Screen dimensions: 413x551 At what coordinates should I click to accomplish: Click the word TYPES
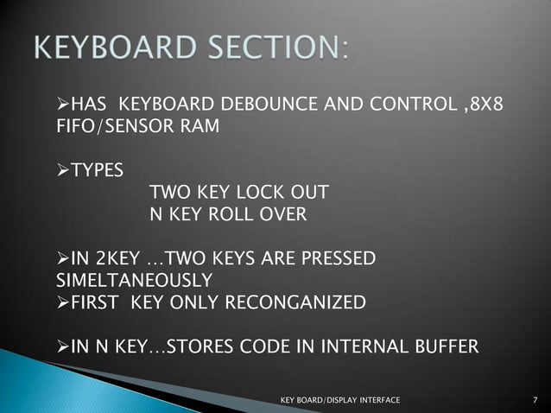tap(97, 170)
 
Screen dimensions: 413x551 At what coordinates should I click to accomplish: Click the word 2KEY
tap(119, 258)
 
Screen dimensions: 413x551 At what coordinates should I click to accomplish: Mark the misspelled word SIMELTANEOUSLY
tap(134, 280)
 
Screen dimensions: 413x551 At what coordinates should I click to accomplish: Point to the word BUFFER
tap(446, 347)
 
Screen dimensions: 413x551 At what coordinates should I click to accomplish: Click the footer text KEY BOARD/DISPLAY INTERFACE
tap(341, 400)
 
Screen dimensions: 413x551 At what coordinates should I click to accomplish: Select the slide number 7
tap(536, 400)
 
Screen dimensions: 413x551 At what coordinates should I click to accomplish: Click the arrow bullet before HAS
tap(61, 106)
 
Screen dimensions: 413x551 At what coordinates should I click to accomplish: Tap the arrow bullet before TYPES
tap(61, 170)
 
